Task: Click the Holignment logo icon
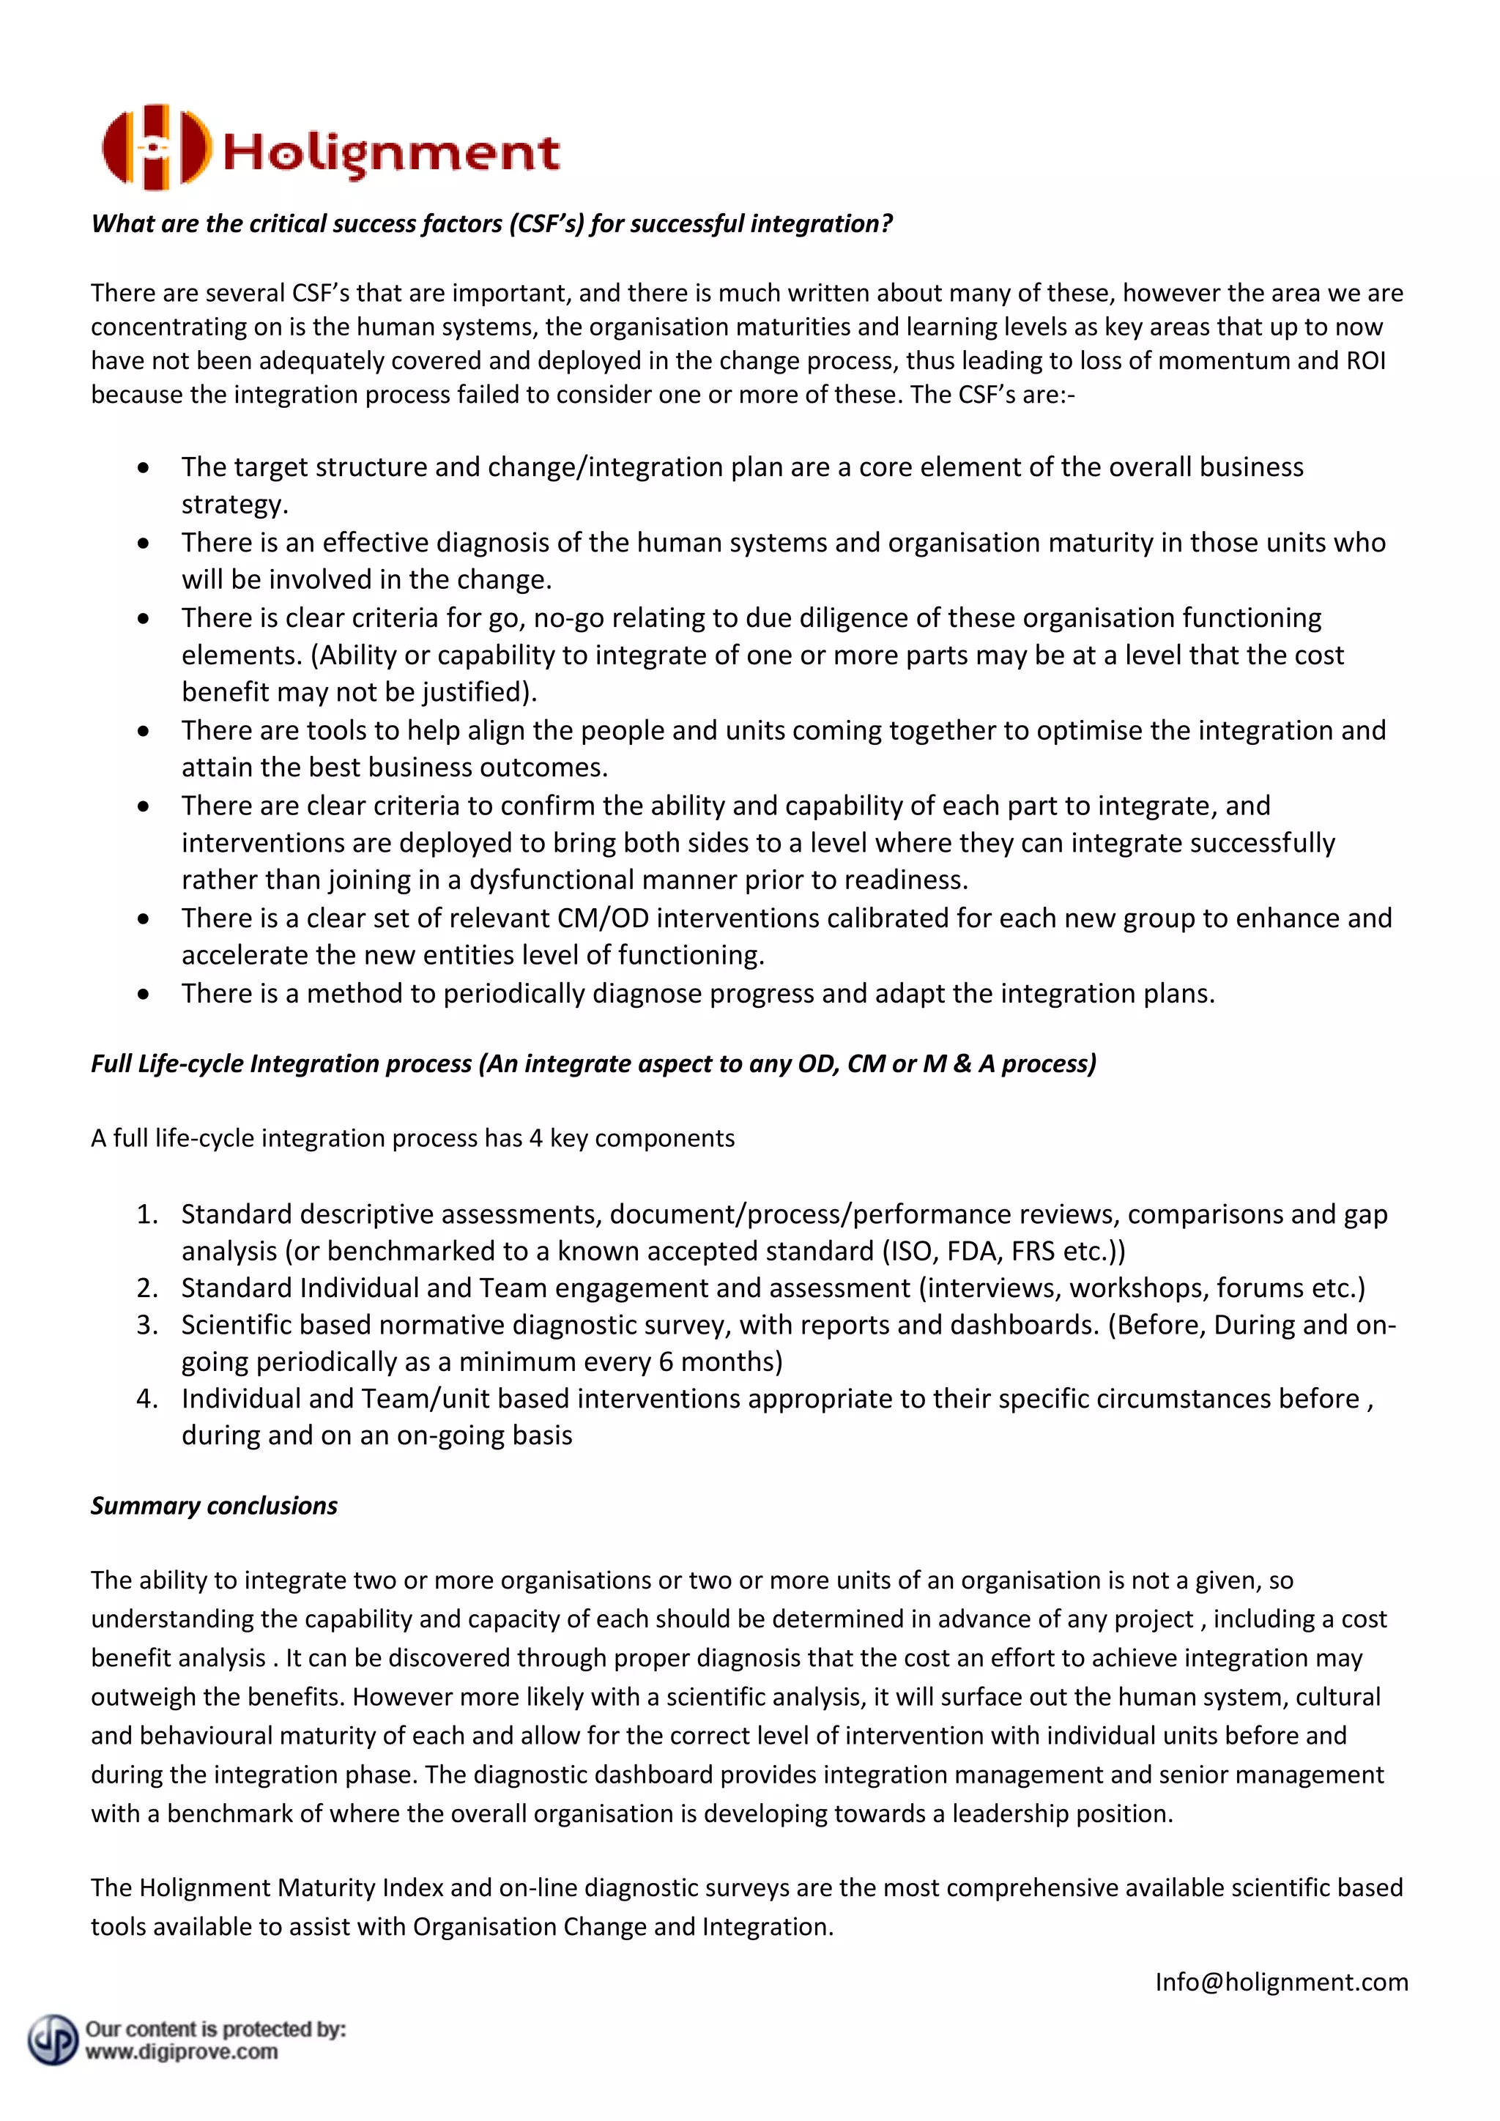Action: (x=155, y=148)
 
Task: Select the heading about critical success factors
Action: (x=491, y=223)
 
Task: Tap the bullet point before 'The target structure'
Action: (x=143, y=468)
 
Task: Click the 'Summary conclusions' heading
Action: (x=215, y=1506)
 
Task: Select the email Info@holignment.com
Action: (x=1281, y=1983)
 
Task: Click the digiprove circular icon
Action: (x=53, y=2040)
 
